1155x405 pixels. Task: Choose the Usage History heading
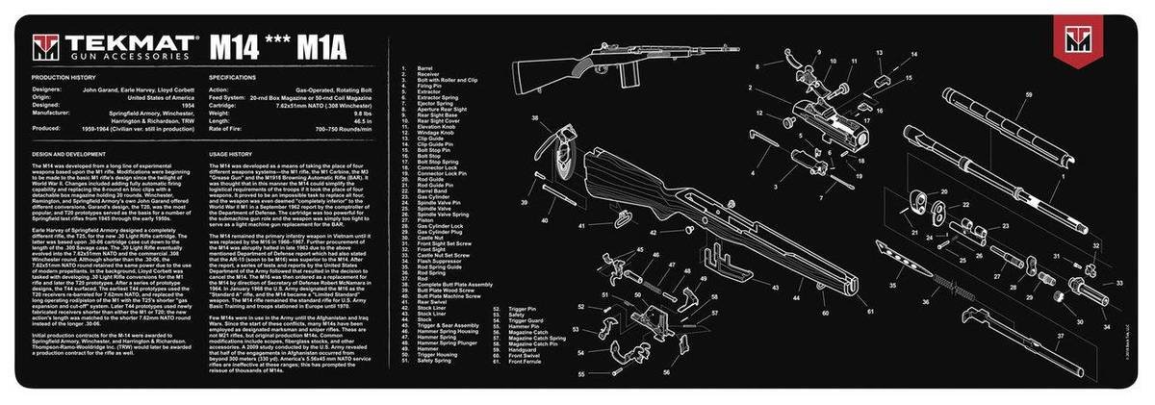(x=230, y=153)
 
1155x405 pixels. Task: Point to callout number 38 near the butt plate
(x=534, y=119)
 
